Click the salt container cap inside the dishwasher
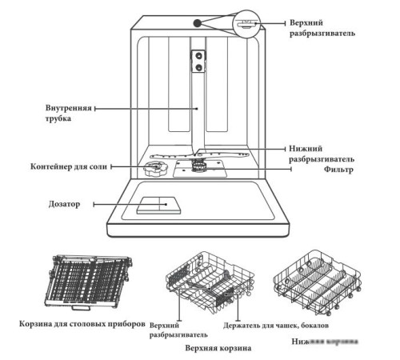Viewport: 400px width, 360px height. (x=153, y=169)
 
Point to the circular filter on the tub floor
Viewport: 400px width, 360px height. (x=197, y=166)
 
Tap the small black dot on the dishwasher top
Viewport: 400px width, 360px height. (x=196, y=22)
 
